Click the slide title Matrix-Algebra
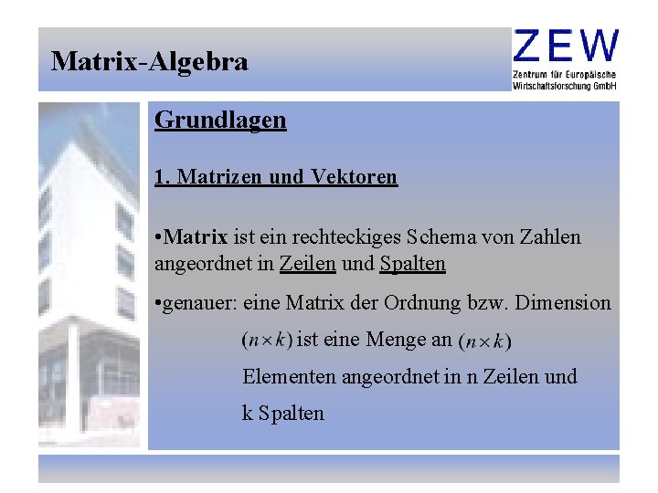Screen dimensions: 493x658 click(x=150, y=62)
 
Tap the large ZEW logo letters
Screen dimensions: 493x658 click(x=566, y=46)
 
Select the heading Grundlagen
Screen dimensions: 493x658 click(x=220, y=120)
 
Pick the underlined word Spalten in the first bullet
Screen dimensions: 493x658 click(x=412, y=264)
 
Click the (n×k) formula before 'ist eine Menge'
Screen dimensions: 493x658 click(x=266, y=341)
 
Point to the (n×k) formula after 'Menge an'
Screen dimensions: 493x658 click(x=484, y=341)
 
